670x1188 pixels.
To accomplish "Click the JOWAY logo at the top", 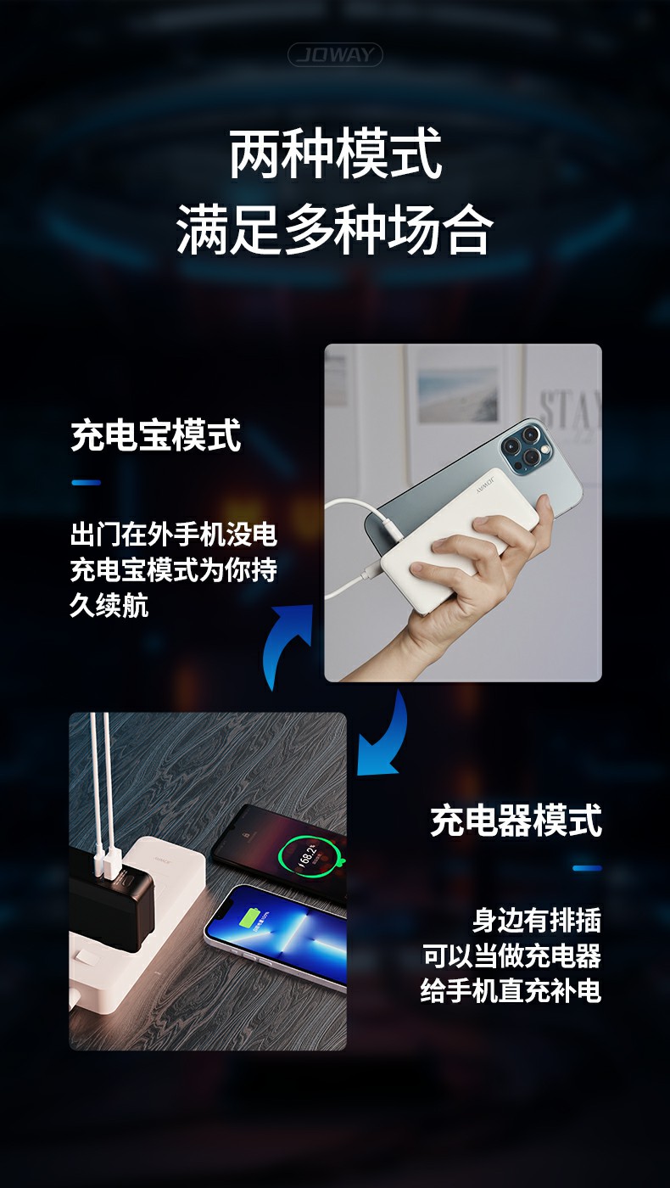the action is tap(334, 54).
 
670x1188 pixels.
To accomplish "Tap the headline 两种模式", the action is tap(335, 154).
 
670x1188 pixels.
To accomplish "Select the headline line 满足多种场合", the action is tap(335, 230).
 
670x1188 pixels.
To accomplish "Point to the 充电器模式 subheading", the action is tap(516, 820).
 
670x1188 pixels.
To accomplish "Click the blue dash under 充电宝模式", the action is tap(86, 483).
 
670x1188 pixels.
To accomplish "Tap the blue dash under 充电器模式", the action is tap(587, 868).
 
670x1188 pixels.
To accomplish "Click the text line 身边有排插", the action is tap(536, 920).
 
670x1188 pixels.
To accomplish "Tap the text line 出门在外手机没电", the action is tap(174, 535).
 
